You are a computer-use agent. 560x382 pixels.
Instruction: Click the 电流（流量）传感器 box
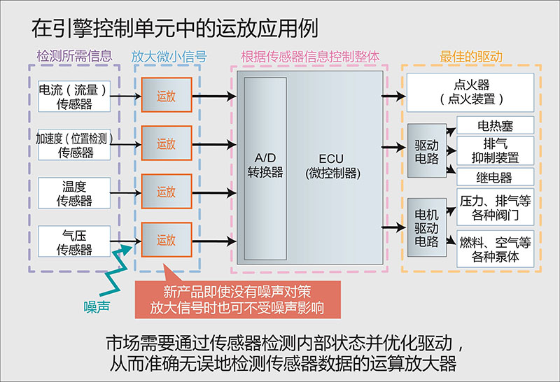click(x=75, y=97)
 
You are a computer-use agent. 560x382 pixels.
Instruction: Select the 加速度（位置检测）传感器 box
click(x=75, y=144)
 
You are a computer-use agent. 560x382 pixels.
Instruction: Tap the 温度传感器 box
click(x=75, y=192)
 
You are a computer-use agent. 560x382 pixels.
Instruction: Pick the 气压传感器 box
click(x=75, y=240)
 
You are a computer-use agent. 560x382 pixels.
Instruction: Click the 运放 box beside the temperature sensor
click(x=166, y=192)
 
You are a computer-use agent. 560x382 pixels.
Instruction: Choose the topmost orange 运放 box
click(x=166, y=97)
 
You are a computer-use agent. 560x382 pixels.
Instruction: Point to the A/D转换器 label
click(x=266, y=165)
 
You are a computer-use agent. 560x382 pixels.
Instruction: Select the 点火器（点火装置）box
click(x=470, y=93)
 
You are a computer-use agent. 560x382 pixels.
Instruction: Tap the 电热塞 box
click(x=494, y=126)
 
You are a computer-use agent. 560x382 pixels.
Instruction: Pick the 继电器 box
click(x=494, y=177)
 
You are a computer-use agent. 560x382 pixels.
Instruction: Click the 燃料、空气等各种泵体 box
click(x=494, y=248)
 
